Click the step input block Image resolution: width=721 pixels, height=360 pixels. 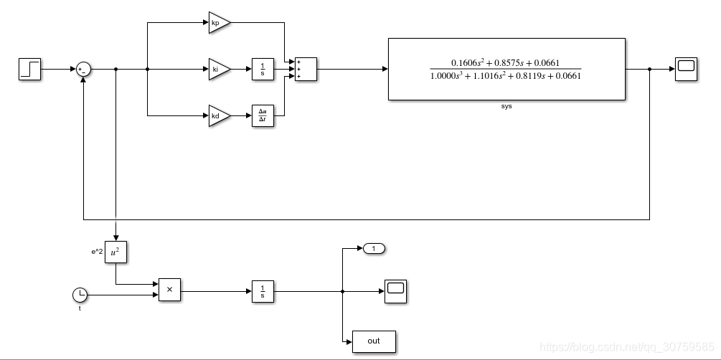(x=29, y=69)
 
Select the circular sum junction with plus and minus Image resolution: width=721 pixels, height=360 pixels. (x=83, y=70)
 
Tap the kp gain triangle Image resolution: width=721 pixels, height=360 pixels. (x=220, y=22)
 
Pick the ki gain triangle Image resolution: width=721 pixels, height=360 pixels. (x=220, y=69)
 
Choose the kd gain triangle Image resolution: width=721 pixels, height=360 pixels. (x=220, y=116)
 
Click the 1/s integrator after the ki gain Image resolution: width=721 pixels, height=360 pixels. (x=263, y=69)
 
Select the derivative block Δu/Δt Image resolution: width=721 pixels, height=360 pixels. (x=263, y=116)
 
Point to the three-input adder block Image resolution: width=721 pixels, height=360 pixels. (x=306, y=69)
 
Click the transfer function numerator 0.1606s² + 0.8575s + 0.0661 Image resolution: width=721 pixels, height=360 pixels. (x=505, y=62)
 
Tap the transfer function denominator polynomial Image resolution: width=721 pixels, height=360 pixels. (x=505, y=76)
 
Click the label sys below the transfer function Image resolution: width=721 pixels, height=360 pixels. (x=506, y=106)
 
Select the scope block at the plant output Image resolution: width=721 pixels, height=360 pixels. (x=686, y=69)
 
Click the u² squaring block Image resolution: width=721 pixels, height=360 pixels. (x=116, y=252)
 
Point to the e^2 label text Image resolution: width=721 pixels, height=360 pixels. (x=97, y=252)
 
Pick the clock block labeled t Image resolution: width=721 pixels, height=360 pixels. (x=80, y=295)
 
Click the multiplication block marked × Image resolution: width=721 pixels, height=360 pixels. (x=169, y=290)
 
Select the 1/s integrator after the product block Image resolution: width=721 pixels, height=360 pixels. (x=263, y=291)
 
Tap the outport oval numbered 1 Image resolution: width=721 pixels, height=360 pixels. (x=374, y=249)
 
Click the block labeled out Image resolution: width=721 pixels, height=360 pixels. (x=374, y=341)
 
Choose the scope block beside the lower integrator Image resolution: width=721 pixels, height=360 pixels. (x=395, y=291)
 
